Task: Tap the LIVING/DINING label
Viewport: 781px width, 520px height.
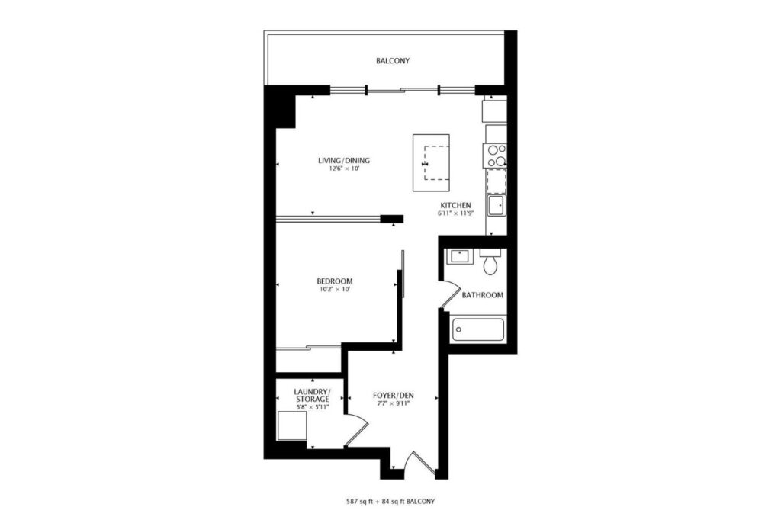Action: click(x=344, y=160)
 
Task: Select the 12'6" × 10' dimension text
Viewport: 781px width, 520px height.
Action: click(x=344, y=169)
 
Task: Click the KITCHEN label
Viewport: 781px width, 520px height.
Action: click(x=455, y=205)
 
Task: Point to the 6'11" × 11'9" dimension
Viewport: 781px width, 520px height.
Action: click(x=455, y=213)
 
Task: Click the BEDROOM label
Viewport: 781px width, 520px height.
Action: click(x=335, y=281)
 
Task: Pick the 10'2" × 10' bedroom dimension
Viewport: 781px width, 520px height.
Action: click(x=335, y=289)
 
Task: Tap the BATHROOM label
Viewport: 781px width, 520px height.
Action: click(x=482, y=295)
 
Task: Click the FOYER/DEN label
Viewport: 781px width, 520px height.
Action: click(x=394, y=396)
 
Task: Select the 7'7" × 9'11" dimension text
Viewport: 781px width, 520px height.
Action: click(x=394, y=403)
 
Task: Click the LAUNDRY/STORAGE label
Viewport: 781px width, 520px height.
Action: click(x=312, y=396)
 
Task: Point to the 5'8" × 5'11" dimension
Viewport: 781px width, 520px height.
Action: click(x=312, y=407)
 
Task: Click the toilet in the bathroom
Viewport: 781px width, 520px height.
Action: click(x=490, y=262)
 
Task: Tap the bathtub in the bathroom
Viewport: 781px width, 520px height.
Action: click(x=477, y=329)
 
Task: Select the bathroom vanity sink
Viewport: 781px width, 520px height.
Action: click(x=460, y=257)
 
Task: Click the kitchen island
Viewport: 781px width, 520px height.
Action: click(x=432, y=163)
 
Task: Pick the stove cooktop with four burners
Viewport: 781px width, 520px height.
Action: click(x=494, y=156)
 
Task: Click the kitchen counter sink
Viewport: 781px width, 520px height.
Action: click(x=496, y=205)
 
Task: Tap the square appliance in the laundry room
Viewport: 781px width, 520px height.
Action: click(x=292, y=426)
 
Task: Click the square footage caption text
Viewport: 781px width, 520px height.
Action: click(x=390, y=502)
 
